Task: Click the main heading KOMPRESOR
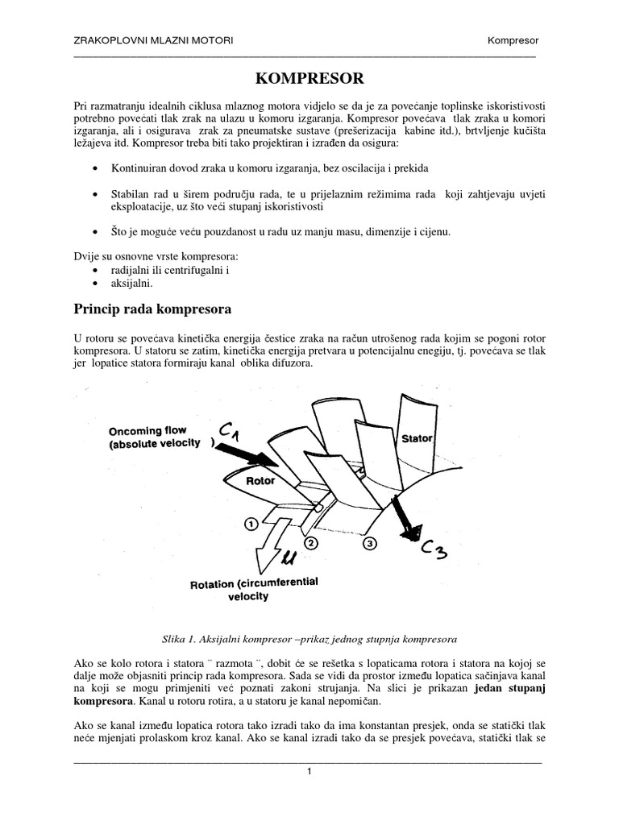309,78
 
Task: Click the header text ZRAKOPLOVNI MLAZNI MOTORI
153,40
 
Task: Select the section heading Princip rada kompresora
153,309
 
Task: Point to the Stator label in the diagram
417,438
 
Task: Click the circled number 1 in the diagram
251,523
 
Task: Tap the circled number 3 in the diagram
368,543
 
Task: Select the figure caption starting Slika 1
309,639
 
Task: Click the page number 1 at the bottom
309,771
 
